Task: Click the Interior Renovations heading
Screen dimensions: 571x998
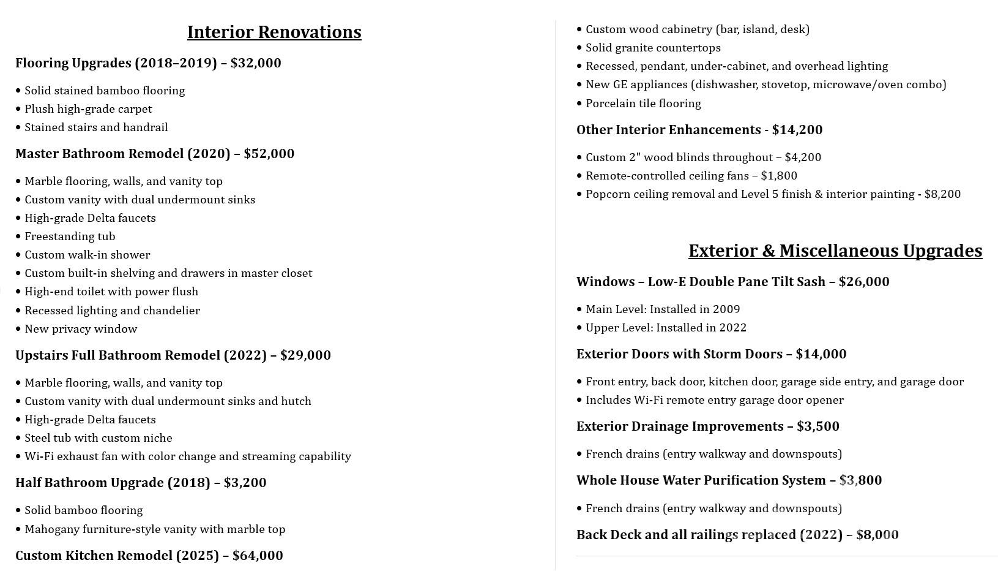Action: [x=274, y=32]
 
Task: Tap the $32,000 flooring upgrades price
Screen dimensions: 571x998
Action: [x=256, y=63]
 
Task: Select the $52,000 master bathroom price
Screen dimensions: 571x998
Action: [x=269, y=154]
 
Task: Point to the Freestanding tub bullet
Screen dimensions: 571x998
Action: [x=70, y=236]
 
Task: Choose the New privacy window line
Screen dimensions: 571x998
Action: [x=81, y=329]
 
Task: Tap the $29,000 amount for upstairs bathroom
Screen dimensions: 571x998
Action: [x=305, y=355]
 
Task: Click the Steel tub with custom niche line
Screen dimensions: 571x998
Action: [x=98, y=438]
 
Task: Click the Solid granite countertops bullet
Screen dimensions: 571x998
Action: [x=653, y=48]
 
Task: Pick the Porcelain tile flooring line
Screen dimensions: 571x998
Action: [x=643, y=104]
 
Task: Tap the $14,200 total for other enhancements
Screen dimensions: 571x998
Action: [x=797, y=130]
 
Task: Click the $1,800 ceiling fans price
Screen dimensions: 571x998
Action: [x=779, y=176]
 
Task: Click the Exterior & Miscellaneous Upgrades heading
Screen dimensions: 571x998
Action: [x=835, y=251]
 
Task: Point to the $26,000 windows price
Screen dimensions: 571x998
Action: [x=864, y=282]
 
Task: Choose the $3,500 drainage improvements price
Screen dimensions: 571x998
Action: [x=818, y=426]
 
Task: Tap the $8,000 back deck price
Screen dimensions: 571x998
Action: [x=877, y=535]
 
